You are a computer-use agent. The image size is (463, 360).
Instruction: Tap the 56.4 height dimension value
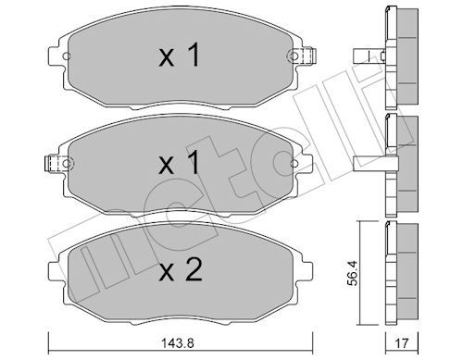pyautogui.click(x=352, y=273)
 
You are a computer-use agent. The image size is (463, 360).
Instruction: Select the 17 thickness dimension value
pyautogui.click(x=402, y=343)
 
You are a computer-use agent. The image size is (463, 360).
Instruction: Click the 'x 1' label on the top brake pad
pyautogui.click(x=180, y=55)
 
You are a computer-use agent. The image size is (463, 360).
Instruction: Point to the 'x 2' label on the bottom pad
pyautogui.click(x=181, y=269)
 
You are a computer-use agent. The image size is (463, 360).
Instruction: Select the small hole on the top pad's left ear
pyautogui.click(x=67, y=56)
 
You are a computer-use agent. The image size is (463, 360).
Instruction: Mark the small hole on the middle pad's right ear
pyautogui.click(x=294, y=164)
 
